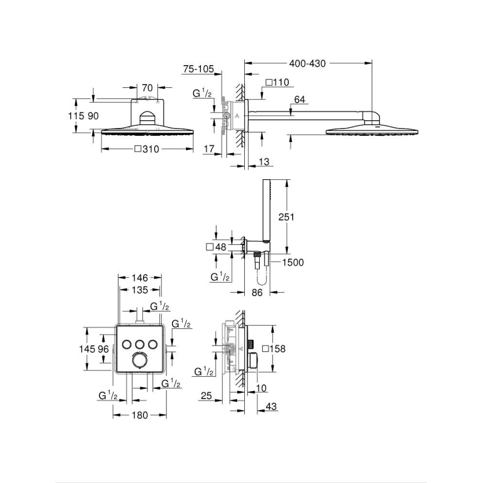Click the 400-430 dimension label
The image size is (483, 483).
click(x=307, y=63)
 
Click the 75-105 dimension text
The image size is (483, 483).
click(x=198, y=69)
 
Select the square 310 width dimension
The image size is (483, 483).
click(x=147, y=149)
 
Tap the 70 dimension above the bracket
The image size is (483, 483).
click(x=147, y=87)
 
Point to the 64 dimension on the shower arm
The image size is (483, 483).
click(x=299, y=100)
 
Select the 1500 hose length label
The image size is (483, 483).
click(x=293, y=262)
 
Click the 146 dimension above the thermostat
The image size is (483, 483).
click(x=140, y=277)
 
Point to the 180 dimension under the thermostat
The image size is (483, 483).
click(x=140, y=415)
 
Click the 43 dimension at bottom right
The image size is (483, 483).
click(x=272, y=407)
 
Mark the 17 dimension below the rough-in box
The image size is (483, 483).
click(x=209, y=150)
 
